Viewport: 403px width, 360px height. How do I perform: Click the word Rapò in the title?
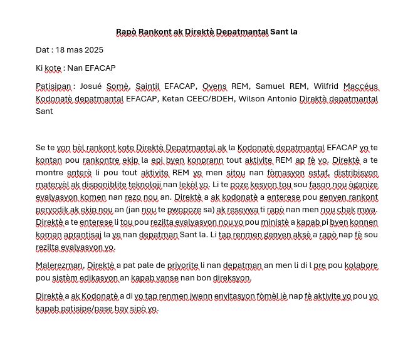point(127,31)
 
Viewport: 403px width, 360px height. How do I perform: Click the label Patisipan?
point(54,86)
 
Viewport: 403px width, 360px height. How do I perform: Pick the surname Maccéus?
point(358,86)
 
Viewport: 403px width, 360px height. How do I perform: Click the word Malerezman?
point(60,266)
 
